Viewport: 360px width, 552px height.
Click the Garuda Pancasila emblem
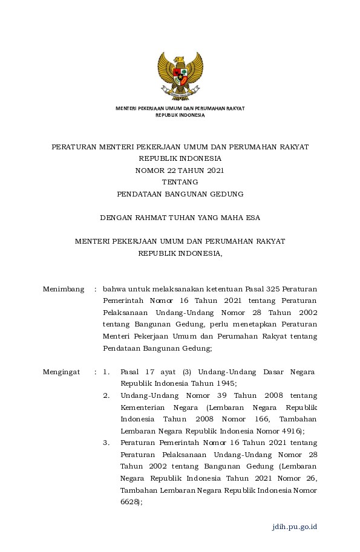coord(180,76)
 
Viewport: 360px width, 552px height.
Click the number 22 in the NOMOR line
coord(165,170)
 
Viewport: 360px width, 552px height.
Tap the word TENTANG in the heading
coord(180,182)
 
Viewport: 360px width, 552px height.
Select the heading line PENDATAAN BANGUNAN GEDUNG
coord(180,194)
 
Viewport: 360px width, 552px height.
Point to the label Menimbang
coord(63,290)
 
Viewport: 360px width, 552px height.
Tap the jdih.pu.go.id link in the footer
coord(295,527)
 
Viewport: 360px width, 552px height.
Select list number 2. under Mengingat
coord(106,395)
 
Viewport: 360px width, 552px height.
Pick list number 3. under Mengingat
coord(106,443)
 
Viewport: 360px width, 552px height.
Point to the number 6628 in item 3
coord(129,502)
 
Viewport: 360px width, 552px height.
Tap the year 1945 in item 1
coord(224,383)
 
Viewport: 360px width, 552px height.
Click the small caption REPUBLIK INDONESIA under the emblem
coord(180,114)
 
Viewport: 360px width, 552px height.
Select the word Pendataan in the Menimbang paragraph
coord(122,348)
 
